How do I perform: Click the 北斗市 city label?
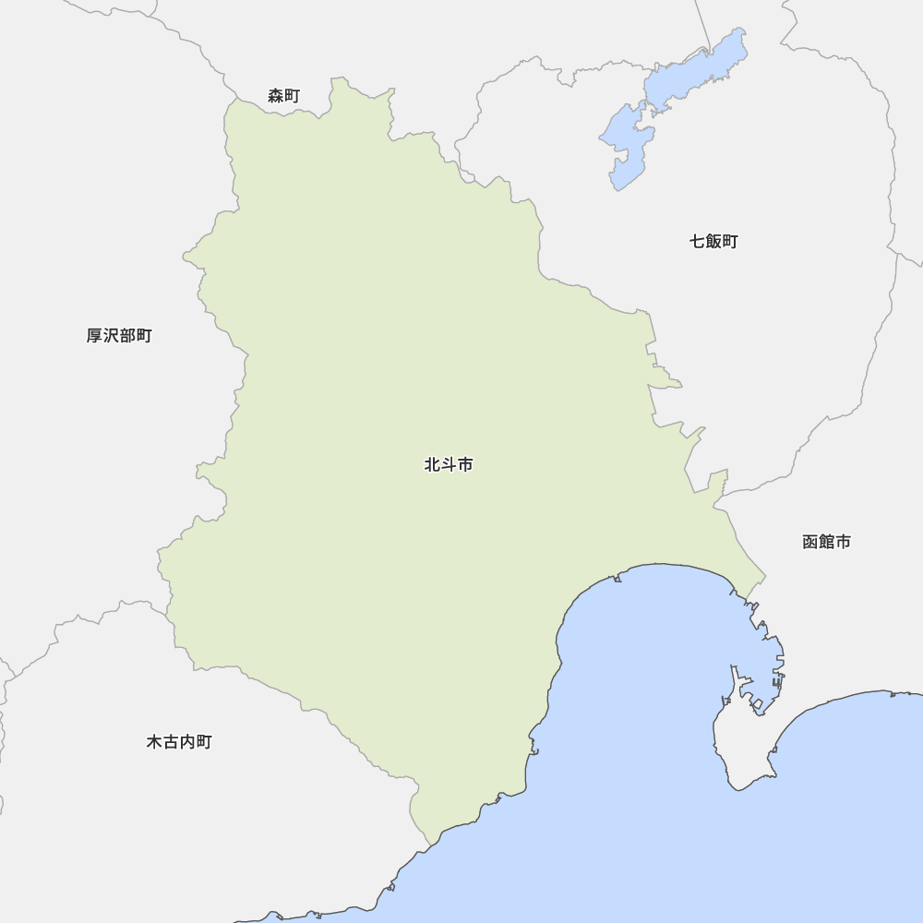click(449, 465)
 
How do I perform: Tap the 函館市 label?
click(826, 542)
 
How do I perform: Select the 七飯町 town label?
click(713, 242)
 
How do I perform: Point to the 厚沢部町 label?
click(119, 336)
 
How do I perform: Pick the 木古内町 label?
click(179, 742)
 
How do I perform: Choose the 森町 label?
click(283, 96)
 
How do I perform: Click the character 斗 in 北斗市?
click(449, 465)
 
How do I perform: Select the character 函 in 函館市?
click(810, 542)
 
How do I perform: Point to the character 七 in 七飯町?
click(697, 242)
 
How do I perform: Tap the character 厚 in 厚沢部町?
click(94, 336)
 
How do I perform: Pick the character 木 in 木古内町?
click(154, 742)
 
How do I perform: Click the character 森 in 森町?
click(275, 96)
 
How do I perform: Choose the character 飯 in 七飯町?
click(713, 242)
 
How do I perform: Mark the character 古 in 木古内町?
click(171, 742)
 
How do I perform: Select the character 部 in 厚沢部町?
click(127, 336)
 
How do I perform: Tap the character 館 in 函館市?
click(826, 542)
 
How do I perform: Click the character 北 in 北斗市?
click(432, 465)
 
